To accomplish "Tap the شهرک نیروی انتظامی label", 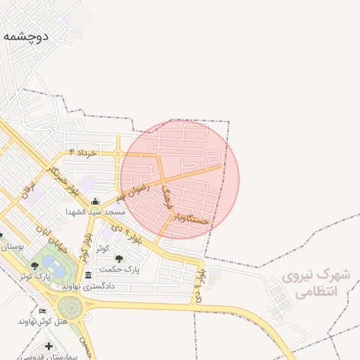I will (x=310, y=283).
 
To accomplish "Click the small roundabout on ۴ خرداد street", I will (x=118, y=153).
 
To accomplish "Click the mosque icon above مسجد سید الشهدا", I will (x=95, y=202).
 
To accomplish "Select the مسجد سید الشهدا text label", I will (x=95, y=212).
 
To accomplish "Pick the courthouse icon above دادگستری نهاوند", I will (x=88, y=276).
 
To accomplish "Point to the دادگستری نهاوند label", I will (x=88, y=286).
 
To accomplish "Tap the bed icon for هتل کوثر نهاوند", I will (x=43, y=311).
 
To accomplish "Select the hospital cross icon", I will (x=48, y=346).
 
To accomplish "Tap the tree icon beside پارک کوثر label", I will (x=34, y=266).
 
